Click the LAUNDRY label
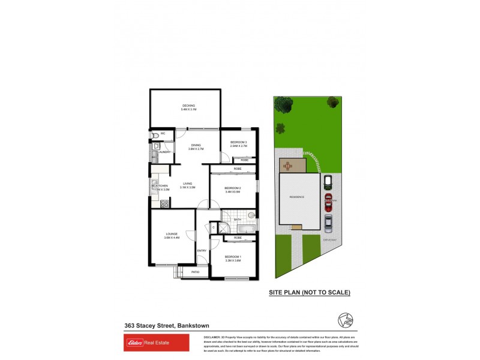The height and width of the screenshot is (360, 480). (164, 152)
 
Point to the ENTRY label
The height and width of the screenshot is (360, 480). (202, 250)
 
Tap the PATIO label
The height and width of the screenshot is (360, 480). (195, 272)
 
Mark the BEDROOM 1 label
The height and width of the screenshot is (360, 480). (233, 258)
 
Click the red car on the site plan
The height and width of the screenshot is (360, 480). (328, 200)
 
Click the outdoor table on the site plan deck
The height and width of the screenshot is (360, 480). (291, 165)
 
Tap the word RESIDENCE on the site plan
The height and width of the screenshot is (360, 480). (297, 197)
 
